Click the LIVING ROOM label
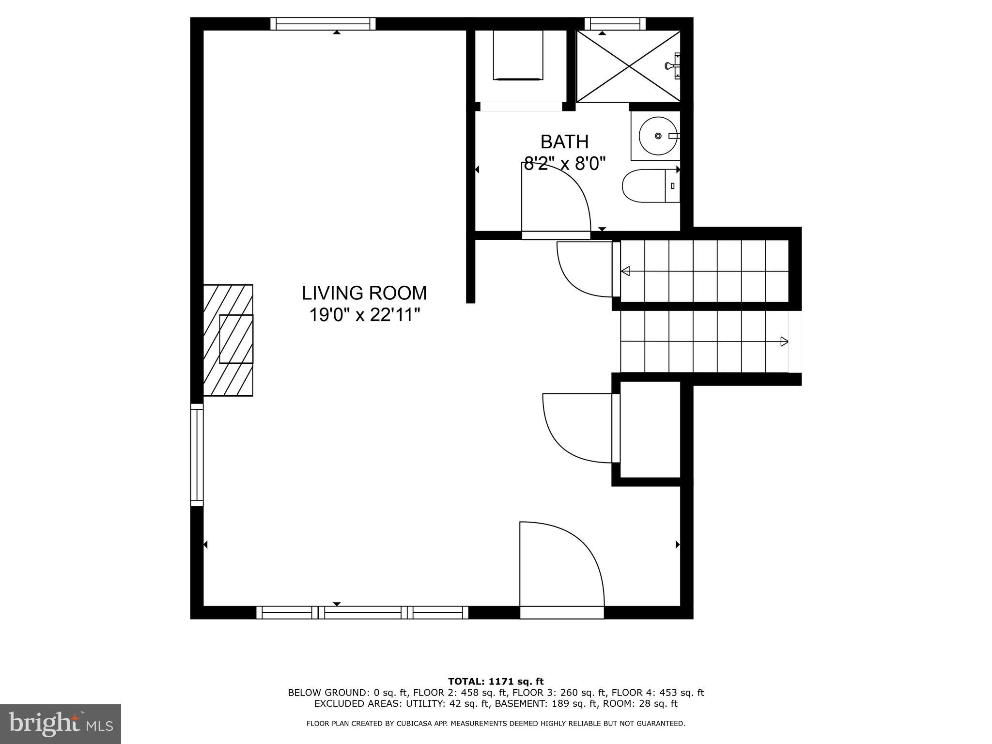coord(364,293)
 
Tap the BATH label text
coord(564,142)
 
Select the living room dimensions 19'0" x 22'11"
coord(364,315)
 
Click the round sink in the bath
coord(657,136)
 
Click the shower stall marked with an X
coord(628,66)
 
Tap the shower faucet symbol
coord(674,66)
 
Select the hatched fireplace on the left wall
coord(228,340)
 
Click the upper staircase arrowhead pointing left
coord(625,271)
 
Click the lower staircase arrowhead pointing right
coord(784,341)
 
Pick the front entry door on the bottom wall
coord(562,572)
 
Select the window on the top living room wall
coord(323,24)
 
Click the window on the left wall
coord(197,454)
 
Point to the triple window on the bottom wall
coord(362,613)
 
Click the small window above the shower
coord(615,24)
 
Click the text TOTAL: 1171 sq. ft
coord(496,682)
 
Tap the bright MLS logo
coord(61,724)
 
